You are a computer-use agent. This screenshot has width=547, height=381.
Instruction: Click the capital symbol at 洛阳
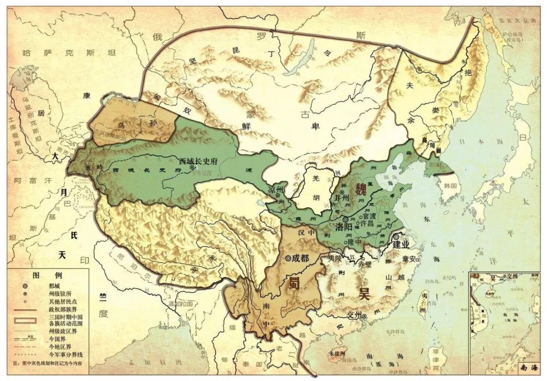point(345,220)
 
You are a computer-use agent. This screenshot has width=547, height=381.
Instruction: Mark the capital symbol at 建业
point(397,236)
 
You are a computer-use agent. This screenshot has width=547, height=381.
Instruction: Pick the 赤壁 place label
point(365,264)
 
